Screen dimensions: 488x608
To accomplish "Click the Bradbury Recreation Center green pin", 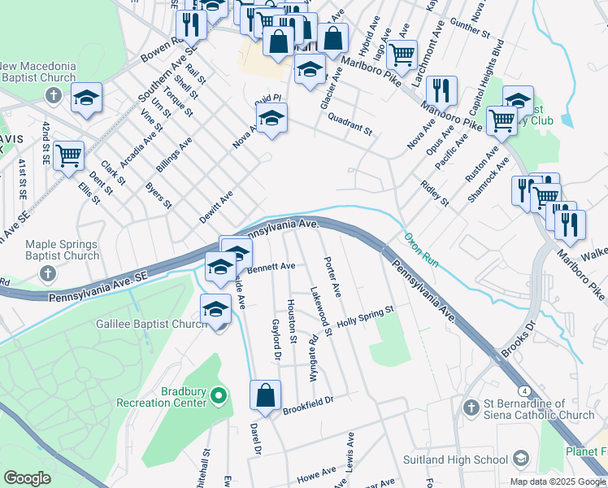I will click(218, 397).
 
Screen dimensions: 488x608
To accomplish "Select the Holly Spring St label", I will click(365, 316).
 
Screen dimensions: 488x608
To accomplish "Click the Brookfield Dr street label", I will click(309, 406).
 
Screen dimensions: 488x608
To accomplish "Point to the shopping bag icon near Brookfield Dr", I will click(265, 396).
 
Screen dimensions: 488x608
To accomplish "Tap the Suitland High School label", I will click(456, 460).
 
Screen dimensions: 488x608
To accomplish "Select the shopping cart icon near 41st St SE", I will click(69, 154).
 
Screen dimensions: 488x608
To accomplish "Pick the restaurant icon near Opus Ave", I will click(441, 92).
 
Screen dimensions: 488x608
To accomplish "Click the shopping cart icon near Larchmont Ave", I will click(402, 55).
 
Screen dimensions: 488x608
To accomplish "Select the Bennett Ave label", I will click(271, 266).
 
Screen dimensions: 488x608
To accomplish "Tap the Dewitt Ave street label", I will click(215, 207).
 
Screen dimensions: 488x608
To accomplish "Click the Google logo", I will click(27, 478).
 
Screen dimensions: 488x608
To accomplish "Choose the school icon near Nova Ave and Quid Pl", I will click(271, 120).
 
